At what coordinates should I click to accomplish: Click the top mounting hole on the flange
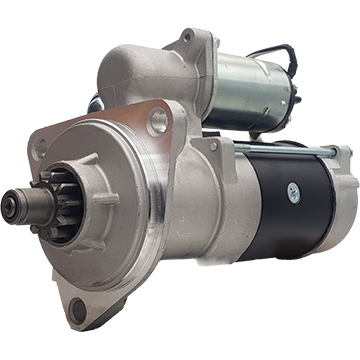click(157, 122)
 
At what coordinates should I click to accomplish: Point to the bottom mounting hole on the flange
click(77, 307)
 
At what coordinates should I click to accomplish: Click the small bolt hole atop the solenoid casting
click(186, 37)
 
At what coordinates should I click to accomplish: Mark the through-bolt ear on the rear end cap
click(341, 155)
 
